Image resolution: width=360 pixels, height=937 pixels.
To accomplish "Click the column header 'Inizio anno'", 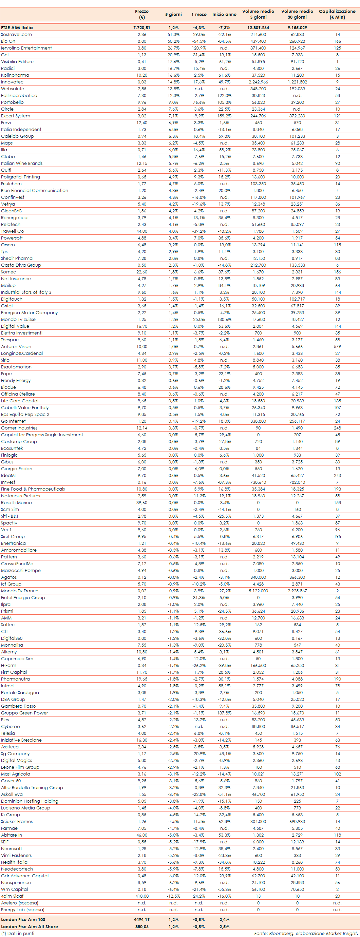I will [x=224, y=15].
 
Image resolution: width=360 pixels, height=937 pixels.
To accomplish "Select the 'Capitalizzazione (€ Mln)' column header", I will [x=337, y=14].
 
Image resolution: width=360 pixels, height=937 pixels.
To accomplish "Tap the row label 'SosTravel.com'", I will [x=16, y=35].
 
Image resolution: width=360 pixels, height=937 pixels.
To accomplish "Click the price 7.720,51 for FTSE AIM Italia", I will [x=141, y=27].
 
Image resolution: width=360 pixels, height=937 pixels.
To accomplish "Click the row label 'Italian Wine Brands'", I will [x=21, y=163].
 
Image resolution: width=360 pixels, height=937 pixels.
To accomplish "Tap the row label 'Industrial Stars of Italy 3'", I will [x=26, y=292].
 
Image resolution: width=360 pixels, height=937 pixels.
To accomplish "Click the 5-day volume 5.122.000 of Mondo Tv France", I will [x=258, y=591].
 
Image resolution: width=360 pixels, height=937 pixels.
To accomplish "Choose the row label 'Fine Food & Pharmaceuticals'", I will [x=33, y=489].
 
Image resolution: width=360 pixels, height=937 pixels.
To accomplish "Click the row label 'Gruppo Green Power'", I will [x=24, y=713].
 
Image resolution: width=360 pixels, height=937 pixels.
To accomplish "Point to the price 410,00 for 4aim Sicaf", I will [x=142, y=896].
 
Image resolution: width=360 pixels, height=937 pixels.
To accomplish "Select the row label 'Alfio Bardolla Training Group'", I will [x=32, y=787].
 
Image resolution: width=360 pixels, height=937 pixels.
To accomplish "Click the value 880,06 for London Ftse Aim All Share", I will [x=142, y=926].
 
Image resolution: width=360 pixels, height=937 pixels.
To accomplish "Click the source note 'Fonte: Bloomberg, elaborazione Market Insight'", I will [x=306, y=933].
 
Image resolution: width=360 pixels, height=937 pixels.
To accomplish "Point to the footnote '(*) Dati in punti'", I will [x=18, y=933].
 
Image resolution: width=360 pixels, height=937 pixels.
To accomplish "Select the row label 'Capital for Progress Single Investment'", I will [x=42, y=435].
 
